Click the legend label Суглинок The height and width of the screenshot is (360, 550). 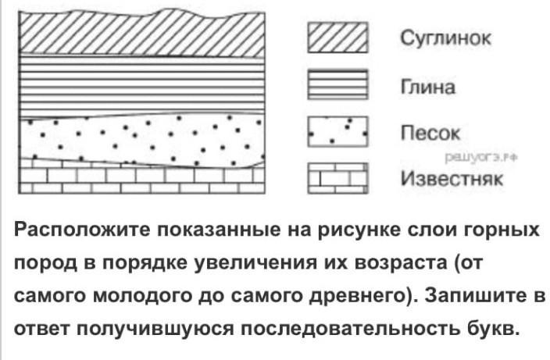point(445,38)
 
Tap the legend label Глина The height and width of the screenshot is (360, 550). point(427,86)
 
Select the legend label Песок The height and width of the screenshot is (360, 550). point(430,133)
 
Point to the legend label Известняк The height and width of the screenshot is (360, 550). point(452,178)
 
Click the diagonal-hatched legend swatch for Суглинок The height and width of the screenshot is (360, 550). point(337,37)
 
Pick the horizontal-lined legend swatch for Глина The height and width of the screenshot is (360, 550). point(337,84)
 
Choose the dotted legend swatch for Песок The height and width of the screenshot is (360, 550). point(337,131)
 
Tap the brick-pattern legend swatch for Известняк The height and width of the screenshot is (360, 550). point(337,178)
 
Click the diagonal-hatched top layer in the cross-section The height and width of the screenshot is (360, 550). point(141,34)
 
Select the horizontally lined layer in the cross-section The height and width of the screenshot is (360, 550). point(141,85)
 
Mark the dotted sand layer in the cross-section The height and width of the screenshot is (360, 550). point(141,141)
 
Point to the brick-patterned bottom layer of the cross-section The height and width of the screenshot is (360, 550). point(141,180)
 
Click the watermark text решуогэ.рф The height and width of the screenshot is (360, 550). point(481,158)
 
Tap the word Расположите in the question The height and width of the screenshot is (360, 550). point(82,230)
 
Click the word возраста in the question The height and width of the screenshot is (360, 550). point(401,263)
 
